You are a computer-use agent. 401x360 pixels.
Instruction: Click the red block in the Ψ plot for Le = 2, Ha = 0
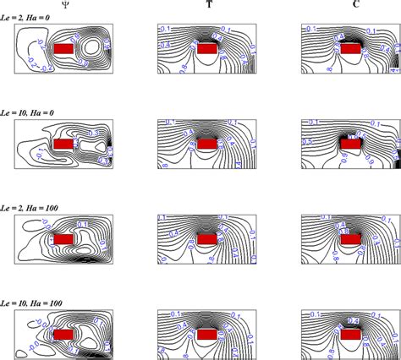(63, 50)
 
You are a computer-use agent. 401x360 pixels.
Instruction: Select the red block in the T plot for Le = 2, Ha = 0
(206, 50)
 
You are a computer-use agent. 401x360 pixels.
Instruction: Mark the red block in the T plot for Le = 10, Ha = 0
(206, 145)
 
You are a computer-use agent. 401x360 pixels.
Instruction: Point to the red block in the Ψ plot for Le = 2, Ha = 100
(63, 239)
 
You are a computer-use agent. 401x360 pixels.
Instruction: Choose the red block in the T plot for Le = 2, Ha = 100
(206, 239)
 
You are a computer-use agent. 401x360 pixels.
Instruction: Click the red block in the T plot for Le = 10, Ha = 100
(206, 335)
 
